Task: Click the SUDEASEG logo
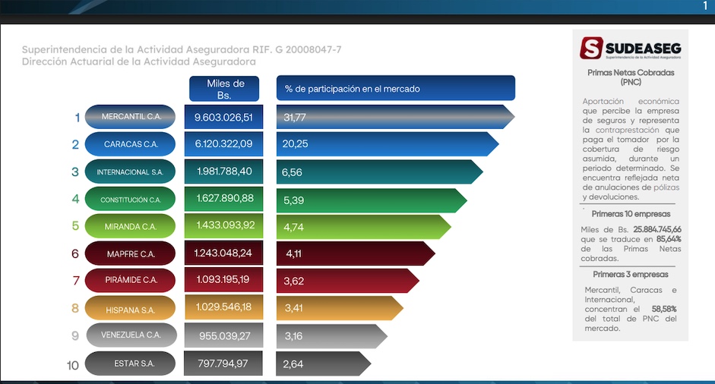pyautogui.click(x=631, y=48)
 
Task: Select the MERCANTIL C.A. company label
pyautogui.click(x=131, y=116)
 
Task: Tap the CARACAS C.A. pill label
pyautogui.click(x=131, y=143)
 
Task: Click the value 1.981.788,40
pyautogui.click(x=223, y=172)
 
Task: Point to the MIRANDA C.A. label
pyautogui.click(x=131, y=226)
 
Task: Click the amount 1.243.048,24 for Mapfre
pyautogui.click(x=223, y=253)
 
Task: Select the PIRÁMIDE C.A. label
pyautogui.click(x=131, y=280)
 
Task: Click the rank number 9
pyautogui.click(x=75, y=335)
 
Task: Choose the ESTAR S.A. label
pyautogui.click(x=131, y=364)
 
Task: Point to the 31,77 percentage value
pyautogui.click(x=295, y=117)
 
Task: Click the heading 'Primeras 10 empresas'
pyautogui.click(x=630, y=214)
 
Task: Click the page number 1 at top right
pyautogui.click(x=704, y=6)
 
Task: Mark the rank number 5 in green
pyautogui.click(x=75, y=226)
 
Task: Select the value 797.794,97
pyautogui.click(x=223, y=364)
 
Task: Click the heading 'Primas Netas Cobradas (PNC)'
pyautogui.click(x=631, y=77)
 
